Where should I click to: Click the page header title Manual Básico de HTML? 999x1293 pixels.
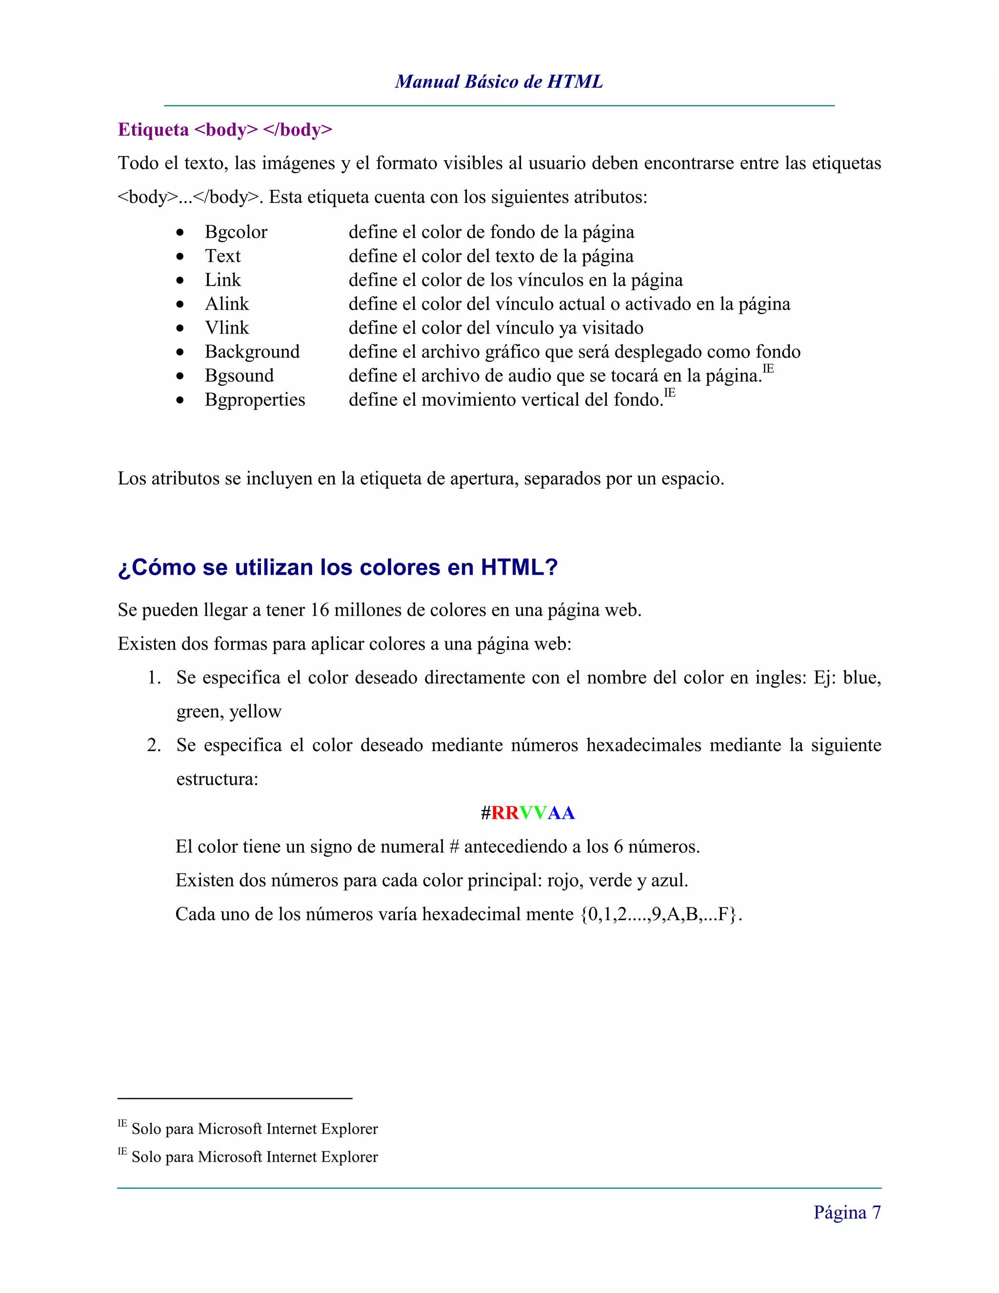[x=499, y=81]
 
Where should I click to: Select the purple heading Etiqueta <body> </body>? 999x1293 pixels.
[x=225, y=130]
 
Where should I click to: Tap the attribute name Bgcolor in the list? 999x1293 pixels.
[x=236, y=232]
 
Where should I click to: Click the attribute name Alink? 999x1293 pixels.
[x=227, y=303]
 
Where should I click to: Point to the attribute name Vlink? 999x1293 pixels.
[x=227, y=328]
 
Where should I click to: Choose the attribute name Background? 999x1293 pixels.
[x=252, y=352]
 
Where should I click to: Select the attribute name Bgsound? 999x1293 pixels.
[x=239, y=376]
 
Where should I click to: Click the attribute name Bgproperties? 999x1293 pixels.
[x=255, y=400]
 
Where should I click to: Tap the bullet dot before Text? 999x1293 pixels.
[x=180, y=256]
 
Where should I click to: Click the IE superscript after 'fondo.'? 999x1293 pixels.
[x=669, y=392]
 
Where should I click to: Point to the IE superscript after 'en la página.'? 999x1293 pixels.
[x=768, y=369]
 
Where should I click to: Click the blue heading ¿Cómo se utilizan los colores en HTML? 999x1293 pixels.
[x=338, y=567]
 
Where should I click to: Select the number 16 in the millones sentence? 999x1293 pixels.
[x=319, y=610]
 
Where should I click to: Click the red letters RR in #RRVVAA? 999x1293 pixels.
[x=505, y=813]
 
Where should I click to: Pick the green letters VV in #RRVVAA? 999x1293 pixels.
[x=533, y=813]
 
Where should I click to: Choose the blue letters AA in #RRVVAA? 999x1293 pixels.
[x=561, y=813]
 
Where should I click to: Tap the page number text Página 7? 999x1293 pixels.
[x=847, y=1212]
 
